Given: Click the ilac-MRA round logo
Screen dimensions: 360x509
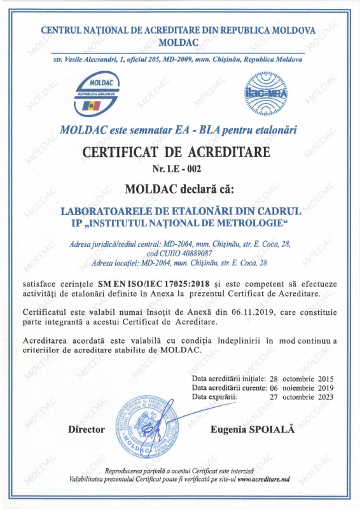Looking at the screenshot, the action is [267, 94].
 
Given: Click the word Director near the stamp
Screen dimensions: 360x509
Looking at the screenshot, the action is [87, 429].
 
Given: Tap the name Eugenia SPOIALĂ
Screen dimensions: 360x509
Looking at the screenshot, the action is [253, 429].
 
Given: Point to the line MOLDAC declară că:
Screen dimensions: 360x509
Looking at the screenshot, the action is [179, 189].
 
